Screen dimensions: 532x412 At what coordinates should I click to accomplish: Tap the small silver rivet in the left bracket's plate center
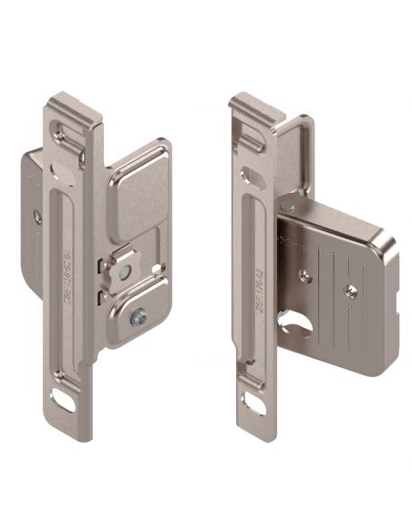tap(120, 271)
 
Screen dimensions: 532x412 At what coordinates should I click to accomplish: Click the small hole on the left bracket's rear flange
tap(37, 218)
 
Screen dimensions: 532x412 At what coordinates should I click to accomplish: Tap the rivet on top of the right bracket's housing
tap(288, 208)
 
